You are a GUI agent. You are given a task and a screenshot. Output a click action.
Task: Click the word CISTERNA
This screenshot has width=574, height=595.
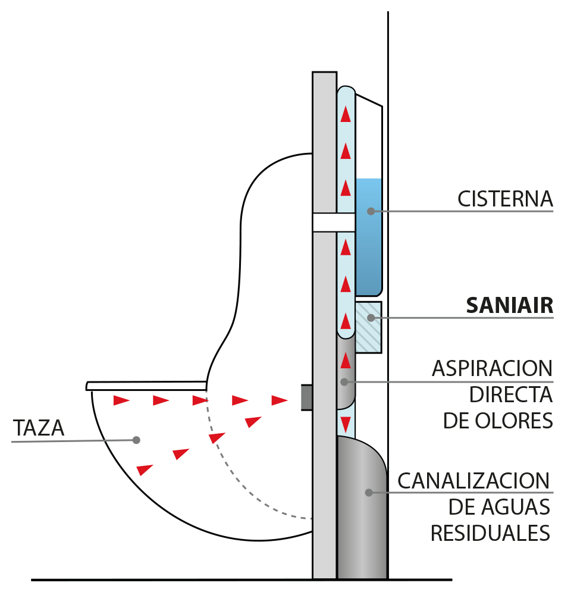click(505, 199)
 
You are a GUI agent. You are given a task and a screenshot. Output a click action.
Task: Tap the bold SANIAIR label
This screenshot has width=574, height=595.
click(509, 306)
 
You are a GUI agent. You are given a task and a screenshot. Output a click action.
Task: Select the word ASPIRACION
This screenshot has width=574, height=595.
click(492, 368)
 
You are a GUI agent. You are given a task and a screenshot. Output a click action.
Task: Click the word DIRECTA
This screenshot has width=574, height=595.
click(511, 394)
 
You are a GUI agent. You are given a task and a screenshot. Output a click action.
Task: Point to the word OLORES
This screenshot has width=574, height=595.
click(519, 420)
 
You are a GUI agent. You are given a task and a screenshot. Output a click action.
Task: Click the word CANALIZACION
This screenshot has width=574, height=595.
click(473, 480)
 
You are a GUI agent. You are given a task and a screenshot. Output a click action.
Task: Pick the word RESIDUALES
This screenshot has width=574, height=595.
click(490, 533)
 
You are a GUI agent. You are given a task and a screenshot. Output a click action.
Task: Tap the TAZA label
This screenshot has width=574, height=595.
click(38, 428)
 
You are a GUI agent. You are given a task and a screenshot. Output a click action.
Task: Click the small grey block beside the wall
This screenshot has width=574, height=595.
click(306, 397)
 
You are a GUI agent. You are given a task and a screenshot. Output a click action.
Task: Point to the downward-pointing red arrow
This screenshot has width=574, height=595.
click(346, 424)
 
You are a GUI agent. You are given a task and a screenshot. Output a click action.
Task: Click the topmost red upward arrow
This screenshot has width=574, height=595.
click(346, 115)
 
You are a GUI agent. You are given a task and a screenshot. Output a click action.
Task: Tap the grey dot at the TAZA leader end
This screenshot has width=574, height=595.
click(136, 440)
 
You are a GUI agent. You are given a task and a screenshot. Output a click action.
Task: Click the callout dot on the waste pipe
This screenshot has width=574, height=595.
click(369, 493)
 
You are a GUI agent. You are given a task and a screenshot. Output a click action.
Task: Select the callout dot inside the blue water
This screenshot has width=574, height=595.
click(371, 211)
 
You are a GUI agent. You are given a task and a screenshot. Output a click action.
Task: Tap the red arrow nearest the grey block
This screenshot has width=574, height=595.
click(280, 400)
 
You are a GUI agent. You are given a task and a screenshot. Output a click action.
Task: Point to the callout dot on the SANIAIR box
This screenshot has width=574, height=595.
click(370, 318)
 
